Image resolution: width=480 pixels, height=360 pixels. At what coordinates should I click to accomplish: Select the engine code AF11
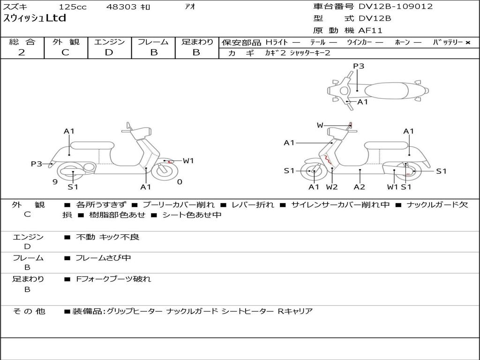pos(370,30)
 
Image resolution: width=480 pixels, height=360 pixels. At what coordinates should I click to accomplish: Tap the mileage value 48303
pos(122,7)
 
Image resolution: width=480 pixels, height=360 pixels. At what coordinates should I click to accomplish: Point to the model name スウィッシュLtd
pos(35,18)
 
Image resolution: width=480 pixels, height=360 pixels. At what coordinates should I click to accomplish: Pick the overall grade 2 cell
pos(22,52)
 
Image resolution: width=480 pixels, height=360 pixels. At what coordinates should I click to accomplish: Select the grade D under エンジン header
pos(109,52)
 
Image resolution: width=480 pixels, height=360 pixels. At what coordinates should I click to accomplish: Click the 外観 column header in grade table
pos(66,42)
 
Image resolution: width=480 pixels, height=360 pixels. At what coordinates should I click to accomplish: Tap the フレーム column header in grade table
pos(153,42)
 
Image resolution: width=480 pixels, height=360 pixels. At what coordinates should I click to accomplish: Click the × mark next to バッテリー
pos(467,43)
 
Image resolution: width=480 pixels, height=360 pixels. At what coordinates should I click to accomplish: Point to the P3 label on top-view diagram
pos(359,66)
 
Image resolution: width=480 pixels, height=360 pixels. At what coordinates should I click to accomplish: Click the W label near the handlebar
pos(320,125)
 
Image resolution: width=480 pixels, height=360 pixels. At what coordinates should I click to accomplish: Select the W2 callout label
pos(332,187)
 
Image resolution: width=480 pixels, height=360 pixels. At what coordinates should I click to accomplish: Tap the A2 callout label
pos(360,187)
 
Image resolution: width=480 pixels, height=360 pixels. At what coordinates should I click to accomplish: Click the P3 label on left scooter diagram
pos(37,164)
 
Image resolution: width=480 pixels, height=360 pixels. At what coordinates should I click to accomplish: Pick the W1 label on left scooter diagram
pos(188,161)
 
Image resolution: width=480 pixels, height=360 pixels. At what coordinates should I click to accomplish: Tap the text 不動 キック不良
pos(108,237)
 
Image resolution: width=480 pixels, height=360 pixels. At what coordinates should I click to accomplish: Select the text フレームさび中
pos(103,258)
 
